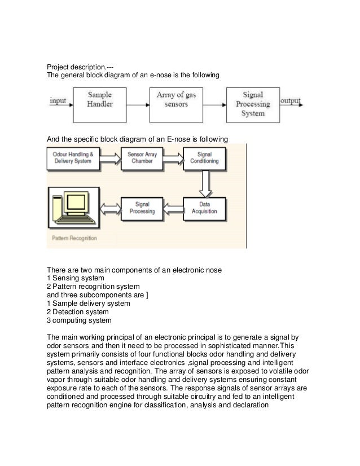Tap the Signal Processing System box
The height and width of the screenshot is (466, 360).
click(x=252, y=104)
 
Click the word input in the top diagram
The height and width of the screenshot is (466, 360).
click(x=58, y=102)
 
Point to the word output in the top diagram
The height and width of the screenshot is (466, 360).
click(x=291, y=102)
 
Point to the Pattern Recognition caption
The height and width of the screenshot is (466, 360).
click(x=74, y=238)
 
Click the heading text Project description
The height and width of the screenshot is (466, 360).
click(x=79, y=67)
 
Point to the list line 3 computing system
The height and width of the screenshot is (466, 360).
click(x=79, y=320)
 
